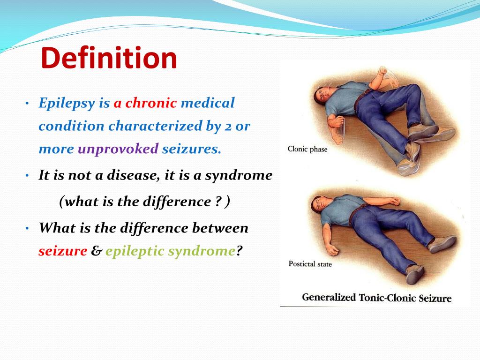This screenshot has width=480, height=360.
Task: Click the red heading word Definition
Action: pos(109,58)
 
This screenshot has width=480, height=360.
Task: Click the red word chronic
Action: pos(151,103)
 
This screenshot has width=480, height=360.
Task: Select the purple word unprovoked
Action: pos(118,149)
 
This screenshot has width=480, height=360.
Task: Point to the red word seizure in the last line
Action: pos(63,252)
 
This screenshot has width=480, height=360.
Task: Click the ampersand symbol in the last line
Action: pos(97,251)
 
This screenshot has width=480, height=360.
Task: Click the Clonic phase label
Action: pos(307,150)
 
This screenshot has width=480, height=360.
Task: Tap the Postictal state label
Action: pos(310,264)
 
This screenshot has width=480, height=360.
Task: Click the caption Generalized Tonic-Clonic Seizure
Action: pos(376,298)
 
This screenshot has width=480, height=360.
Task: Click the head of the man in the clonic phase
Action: pos(322,95)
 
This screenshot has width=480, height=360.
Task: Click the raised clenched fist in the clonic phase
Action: pos(382,72)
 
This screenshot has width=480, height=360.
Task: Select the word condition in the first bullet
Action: pos(71,126)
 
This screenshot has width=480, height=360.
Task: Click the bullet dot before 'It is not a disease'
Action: pos(27,176)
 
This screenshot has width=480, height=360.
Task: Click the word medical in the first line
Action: pos(208,103)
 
